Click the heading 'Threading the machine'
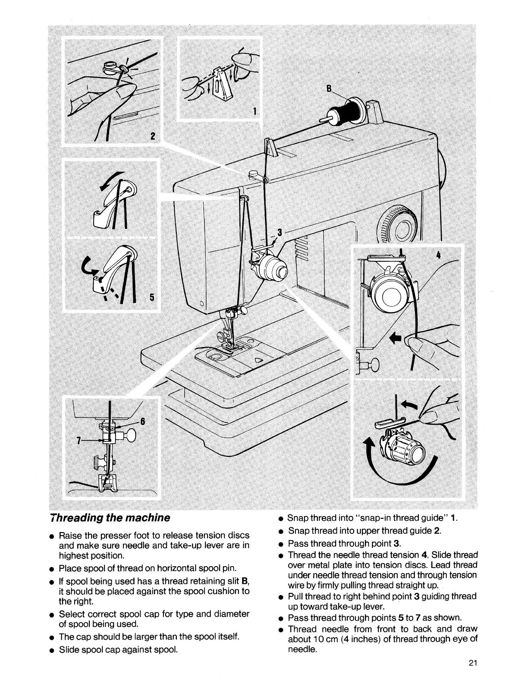pyautogui.click(x=110, y=517)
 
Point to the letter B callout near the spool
pyautogui.click(x=329, y=89)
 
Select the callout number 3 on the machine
pyautogui.click(x=279, y=232)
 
